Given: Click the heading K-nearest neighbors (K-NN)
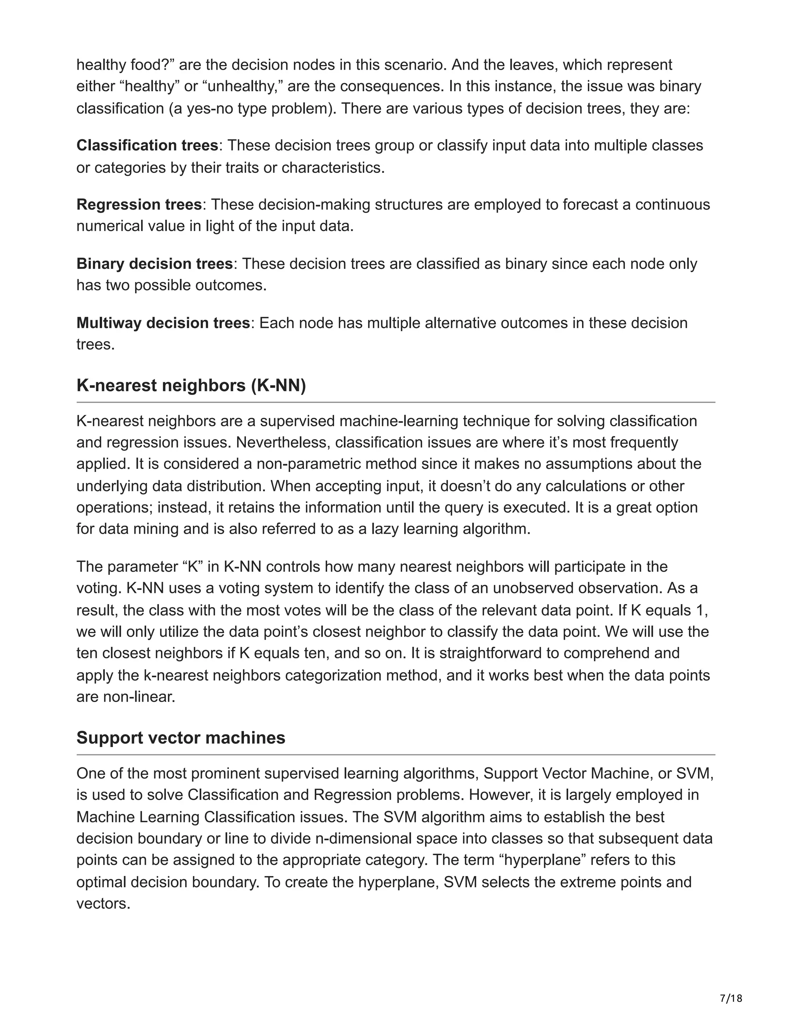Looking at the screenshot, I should [x=191, y=385].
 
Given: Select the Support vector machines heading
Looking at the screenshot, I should [x=181, y=737].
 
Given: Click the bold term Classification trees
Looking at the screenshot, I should [x=147, y=145].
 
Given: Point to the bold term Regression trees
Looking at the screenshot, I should [x=139, y=205].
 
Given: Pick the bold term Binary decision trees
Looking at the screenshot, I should [x=154, y=264].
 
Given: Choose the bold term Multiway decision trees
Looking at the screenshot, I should [x=163, y=323].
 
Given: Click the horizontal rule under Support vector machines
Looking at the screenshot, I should [x=396, y=755].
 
